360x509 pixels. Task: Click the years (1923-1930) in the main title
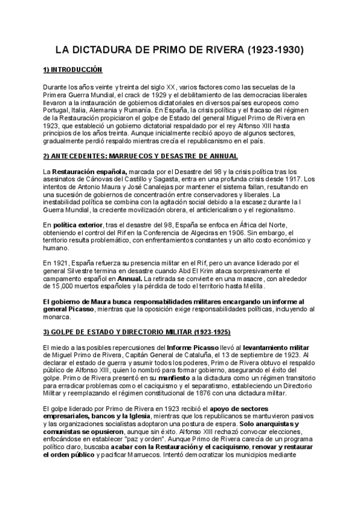275,50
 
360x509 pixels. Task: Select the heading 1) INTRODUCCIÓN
73,70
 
